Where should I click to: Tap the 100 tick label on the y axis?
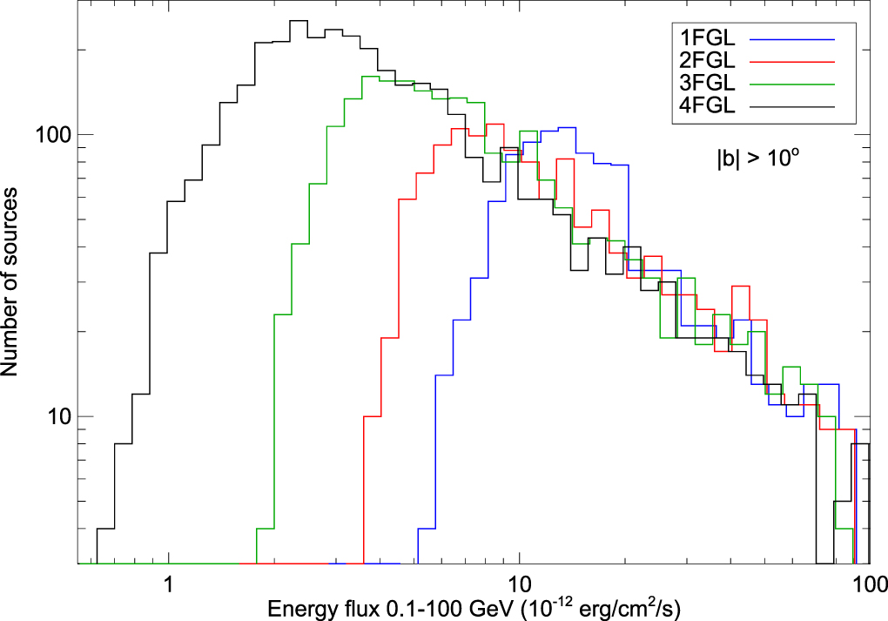coord(53,136)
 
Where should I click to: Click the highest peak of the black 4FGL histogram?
coord(299,21)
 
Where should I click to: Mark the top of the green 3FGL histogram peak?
coord(370,77)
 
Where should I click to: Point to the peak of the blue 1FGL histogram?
coord(567,128)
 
